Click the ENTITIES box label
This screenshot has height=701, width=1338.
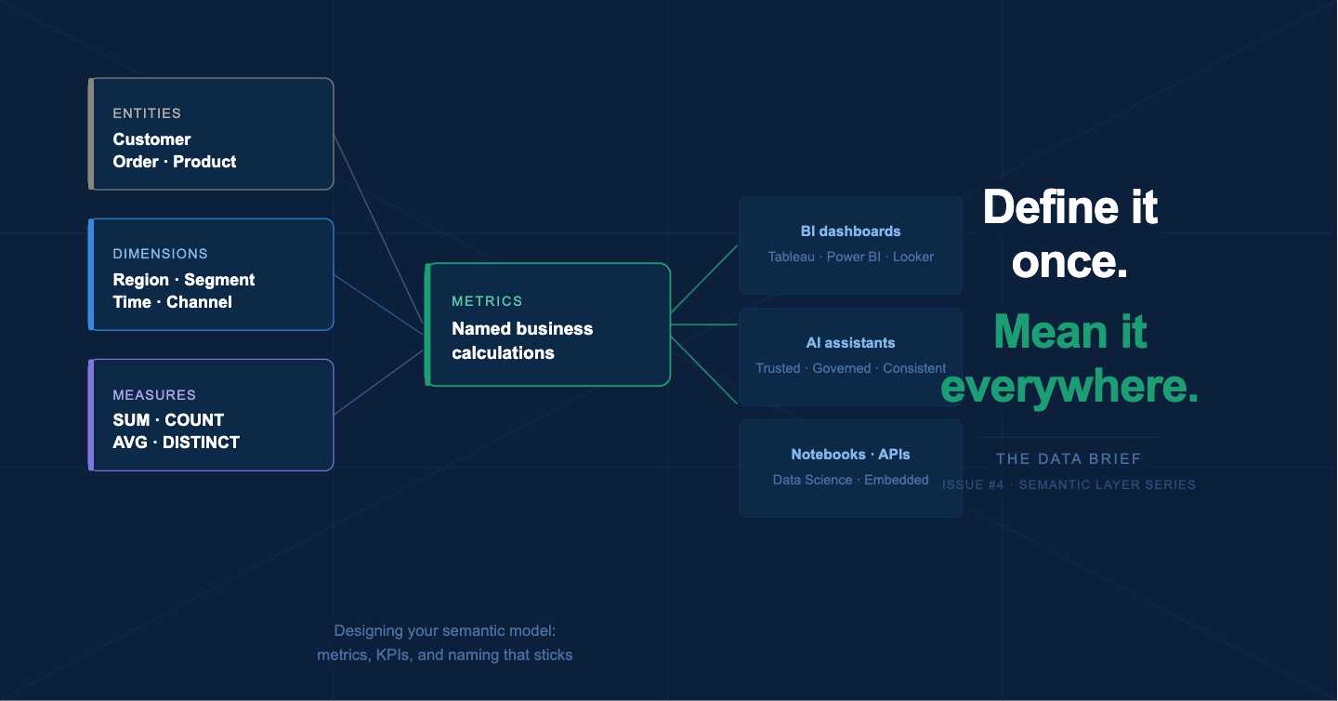pyautogui.click(x=147, y=113)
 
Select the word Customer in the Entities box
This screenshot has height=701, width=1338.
pyautogui.click(x=151, y=139)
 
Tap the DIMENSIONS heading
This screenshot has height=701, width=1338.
pyautogui.click(x=160, y=254)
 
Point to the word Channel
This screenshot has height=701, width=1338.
pyautogui.click(x=199, y=302)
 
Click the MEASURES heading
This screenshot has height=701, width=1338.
pyautogui.click(x=154, y=395)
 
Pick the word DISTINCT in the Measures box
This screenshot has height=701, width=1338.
pyautogui.click(x=201, y=443)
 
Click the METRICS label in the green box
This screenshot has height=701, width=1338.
pyautogui.click(x=487, y=301)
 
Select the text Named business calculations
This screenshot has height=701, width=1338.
pyautogui.click(x=522, y=340)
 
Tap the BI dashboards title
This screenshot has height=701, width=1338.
pyautogui.click(x=850, y=231)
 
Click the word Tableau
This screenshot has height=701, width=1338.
pyautogui.click(x=791, y=257)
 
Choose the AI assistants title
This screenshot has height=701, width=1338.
pyautogui.click(x=850, y=343)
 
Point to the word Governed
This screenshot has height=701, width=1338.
pyautogui.click(x=841, y=368)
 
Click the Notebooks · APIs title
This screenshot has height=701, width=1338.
pyautogui.click(x=850, y=455)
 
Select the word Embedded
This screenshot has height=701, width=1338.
pyautogui.click(x=896, y=480)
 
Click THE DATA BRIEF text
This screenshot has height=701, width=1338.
pyautogui.click(x=1069, y=459)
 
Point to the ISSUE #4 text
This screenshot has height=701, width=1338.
pyautogui.click(x=973, y=484)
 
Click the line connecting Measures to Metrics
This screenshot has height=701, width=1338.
pyautogui.click(x=378, y=382)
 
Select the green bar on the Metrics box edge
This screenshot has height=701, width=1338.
pyautogui.click(x=427, y=324)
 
